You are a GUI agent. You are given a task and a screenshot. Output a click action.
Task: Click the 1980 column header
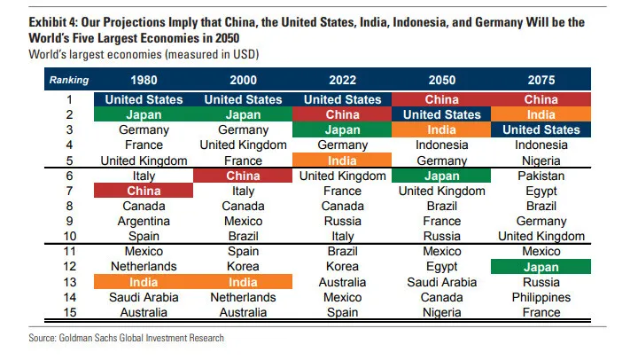coord(144,80)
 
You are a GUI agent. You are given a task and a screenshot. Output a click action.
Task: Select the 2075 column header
coord(541,80)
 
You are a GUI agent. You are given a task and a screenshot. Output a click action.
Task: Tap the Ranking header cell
coord(69,80)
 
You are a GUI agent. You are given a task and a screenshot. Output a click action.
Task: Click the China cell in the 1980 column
coord(144,191)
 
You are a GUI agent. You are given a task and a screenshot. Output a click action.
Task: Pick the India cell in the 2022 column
coord(342,160)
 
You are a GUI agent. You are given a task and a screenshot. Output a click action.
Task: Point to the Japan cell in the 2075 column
coord(541,266)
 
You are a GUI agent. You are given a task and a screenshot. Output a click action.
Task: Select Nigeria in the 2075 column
coord(541,160)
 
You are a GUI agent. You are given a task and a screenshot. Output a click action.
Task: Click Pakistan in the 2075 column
coord(541,176)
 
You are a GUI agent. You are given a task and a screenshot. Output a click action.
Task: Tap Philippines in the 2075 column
coord(541,297)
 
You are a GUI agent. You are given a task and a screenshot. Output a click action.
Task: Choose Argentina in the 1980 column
coord(144,221)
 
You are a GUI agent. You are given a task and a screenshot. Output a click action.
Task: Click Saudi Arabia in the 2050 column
coord(441,282)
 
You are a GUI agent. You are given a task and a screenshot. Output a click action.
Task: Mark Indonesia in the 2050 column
coord(441,145)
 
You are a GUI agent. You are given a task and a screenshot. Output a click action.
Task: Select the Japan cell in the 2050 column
coord(441,176)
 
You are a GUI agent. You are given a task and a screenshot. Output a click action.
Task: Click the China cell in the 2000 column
coord(243,176)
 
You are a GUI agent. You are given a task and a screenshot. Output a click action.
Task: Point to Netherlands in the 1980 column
coord(144,266)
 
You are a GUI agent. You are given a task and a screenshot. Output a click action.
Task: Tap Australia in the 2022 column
coord(342,282)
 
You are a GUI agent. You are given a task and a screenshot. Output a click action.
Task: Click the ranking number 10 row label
coord(69,236)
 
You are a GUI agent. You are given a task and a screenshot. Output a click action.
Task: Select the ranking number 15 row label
coord(69,312)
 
